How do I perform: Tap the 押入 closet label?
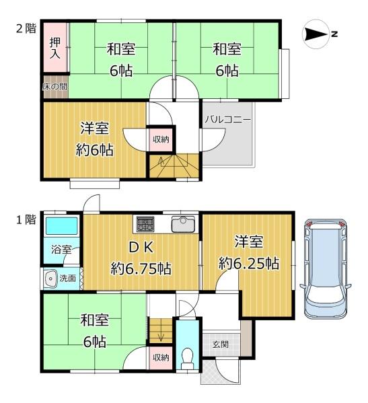point(54,48)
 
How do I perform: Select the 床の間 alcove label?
point(55,87)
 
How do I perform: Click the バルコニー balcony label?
point(227,120)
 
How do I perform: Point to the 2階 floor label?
point(26,28)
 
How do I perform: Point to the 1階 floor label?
point(26,220)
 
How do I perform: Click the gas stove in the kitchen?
point(145,224)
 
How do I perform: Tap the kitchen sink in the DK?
point(183,224)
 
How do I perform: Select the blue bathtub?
point(62,226)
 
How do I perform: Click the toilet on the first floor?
point(187,358)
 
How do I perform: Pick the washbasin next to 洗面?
point(50,279)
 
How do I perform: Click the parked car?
point(326,269)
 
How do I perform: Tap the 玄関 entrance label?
point(221,344)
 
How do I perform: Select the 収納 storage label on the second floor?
point(161,139)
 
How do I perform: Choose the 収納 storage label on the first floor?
point(161,357)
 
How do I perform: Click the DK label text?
point(141,248)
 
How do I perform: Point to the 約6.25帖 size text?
point(248,264)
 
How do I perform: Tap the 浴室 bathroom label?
point(61,250)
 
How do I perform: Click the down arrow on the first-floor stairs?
point(161,336)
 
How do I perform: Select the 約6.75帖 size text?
point(141,268)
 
